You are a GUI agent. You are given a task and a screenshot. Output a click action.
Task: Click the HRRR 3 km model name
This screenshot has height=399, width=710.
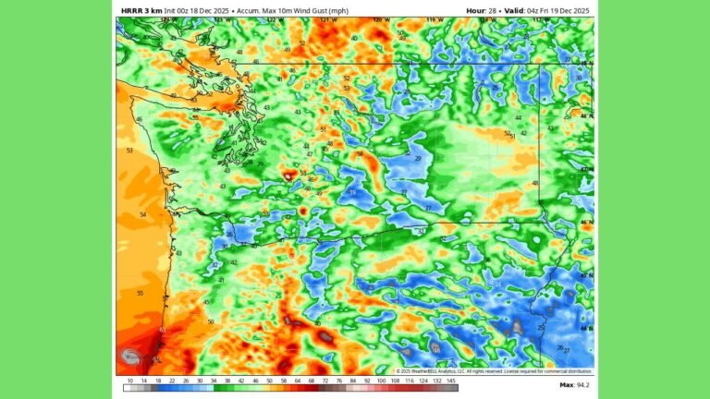141,10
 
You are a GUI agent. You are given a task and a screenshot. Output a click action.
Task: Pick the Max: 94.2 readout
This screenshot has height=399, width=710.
573,384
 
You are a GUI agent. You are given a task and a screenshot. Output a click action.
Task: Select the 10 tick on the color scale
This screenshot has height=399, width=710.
130,381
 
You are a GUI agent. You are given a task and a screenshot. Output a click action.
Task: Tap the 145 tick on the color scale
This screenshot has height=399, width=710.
450,381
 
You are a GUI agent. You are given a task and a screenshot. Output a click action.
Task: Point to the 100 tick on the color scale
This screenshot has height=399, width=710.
380,381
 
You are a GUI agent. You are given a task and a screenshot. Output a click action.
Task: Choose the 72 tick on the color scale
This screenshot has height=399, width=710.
325,381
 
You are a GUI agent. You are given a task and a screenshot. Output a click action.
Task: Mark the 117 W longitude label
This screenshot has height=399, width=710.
539,18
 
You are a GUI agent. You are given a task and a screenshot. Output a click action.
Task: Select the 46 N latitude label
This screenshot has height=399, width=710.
585,223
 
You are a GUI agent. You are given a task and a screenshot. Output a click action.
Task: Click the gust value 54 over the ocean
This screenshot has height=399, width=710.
142,214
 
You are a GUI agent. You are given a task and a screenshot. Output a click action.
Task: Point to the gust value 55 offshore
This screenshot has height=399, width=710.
140,293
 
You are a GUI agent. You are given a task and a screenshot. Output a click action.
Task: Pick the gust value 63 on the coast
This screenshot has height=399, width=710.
162,330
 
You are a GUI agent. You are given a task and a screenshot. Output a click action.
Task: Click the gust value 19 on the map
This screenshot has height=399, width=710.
353,192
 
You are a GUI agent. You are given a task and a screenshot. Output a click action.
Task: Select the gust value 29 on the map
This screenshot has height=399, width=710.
418,159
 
